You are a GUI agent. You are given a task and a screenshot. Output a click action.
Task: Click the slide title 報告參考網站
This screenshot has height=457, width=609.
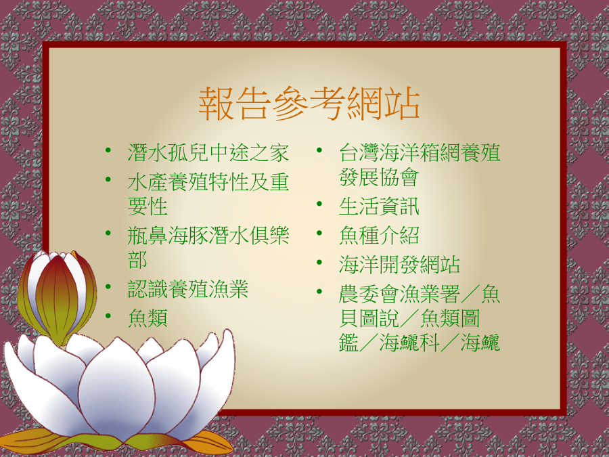[x=309, y=104]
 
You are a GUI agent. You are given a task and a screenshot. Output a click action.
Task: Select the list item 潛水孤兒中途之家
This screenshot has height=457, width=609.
[x=208, y=152]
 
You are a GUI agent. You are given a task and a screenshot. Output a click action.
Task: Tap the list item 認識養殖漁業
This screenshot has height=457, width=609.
[x=188, y=288]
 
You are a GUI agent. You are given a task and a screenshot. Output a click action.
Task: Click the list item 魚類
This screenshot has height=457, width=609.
[x=148, y=318]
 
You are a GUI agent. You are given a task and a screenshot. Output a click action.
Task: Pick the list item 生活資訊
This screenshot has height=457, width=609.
[x=379, y=206]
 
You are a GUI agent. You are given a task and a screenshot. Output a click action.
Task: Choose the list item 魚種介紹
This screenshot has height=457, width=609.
[x=379, y=235]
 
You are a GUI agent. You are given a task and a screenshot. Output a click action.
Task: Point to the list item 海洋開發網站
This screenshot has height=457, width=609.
[x=399, y=264]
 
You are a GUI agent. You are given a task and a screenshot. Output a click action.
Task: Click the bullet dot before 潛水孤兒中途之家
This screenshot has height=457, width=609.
[x=108, y=150]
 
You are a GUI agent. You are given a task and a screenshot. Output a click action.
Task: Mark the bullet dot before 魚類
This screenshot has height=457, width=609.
[x=108, y=315]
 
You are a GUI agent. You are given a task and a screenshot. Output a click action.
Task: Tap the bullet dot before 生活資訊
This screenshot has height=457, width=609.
[x=319, y=204]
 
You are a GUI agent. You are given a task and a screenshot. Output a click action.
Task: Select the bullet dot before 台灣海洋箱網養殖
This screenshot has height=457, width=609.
[x=319, y=150]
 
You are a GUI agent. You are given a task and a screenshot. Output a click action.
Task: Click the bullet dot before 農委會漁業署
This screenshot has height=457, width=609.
[x=319, y=291]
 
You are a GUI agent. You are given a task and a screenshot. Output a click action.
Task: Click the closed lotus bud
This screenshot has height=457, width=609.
[x=57, y=296]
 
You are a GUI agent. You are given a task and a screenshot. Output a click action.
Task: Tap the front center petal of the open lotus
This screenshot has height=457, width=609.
[x=116, y=393]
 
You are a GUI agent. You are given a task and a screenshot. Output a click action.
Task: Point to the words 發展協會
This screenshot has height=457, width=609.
[x=379, y=177]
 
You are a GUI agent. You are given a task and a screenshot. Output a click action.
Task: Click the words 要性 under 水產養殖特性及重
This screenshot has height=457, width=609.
[x=148, y=206]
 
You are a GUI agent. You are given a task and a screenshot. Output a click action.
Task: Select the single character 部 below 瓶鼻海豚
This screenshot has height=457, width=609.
[x=137, y=259]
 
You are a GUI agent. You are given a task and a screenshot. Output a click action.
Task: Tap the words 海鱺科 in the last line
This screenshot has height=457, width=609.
[x=409, y=343]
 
